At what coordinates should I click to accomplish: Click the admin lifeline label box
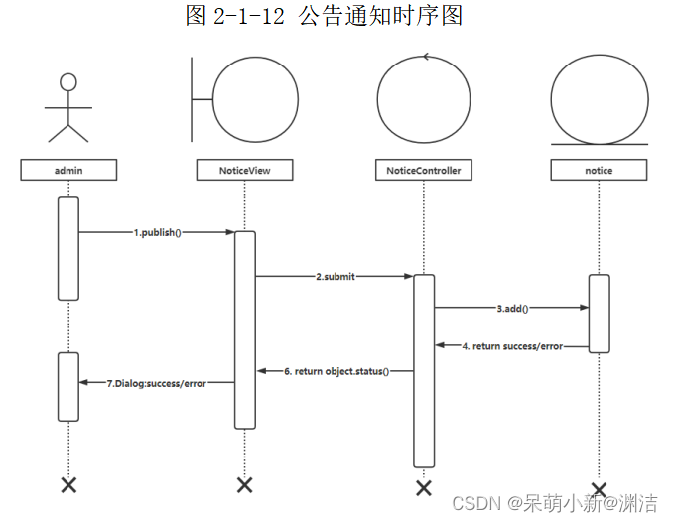pos(67,170)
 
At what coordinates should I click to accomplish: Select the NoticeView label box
pos(245,170)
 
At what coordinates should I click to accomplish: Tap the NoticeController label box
pos(423,170)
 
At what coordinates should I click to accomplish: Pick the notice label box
pos(599,170)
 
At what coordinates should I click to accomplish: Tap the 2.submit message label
pos(336,277)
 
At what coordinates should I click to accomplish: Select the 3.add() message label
pos(512,308)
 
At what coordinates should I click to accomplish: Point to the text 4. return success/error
pos(512,346)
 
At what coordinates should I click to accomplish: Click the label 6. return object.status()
pos(336,371)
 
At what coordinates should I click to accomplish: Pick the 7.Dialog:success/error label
pos(156,382)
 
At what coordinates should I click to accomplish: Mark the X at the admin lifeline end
pos(68,484)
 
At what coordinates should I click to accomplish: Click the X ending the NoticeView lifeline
pos(245,484)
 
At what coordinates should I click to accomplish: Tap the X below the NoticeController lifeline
pos(424,487)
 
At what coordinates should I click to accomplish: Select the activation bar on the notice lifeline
pos(599,313)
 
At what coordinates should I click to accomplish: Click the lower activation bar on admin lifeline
pos(67,386)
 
